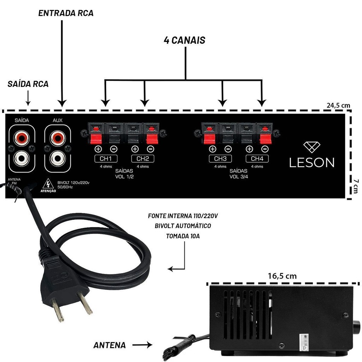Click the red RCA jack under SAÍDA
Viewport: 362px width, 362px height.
(22, 136)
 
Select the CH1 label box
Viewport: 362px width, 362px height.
(106, 158)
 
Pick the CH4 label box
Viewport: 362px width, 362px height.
(257, 158)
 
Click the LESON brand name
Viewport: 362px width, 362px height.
(311, 162)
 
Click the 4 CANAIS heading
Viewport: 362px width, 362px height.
(185, 40)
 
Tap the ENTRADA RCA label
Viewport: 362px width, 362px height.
(66, 13)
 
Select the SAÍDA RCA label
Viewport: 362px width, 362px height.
(28, 84)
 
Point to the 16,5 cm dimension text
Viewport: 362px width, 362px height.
(282, 276)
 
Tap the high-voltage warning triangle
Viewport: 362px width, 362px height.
(48, 184)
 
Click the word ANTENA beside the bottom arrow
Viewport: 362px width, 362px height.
(110, 345)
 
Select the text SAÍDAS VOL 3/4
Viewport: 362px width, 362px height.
(239, 174)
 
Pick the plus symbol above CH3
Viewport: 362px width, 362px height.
(212, 149)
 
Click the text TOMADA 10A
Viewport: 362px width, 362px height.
(183, 236)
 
